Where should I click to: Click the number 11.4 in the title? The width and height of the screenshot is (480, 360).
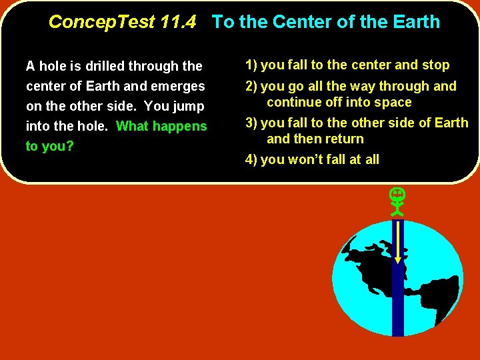178,22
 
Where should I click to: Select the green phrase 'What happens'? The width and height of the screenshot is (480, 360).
161,126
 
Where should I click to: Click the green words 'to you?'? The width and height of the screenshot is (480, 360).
49,146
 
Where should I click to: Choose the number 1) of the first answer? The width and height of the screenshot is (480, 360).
251,65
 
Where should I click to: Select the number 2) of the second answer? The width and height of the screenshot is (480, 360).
251,86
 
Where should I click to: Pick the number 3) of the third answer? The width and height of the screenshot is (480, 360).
251,123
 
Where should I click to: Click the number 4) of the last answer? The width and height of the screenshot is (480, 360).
251,159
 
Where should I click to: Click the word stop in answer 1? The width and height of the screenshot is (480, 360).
436,65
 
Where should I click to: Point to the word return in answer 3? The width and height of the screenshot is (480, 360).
343,139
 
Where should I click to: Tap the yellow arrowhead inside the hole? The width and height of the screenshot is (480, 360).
398,260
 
